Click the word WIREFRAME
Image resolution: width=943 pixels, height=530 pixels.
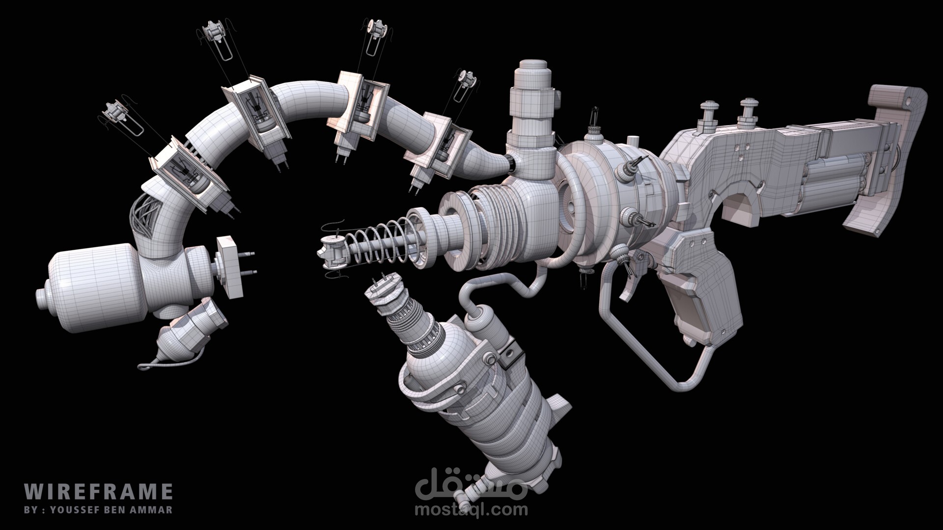coord(98,491)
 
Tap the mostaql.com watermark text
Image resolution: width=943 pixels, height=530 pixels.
coord(471,509)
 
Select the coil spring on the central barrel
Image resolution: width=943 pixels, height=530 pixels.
coord(378,243)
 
